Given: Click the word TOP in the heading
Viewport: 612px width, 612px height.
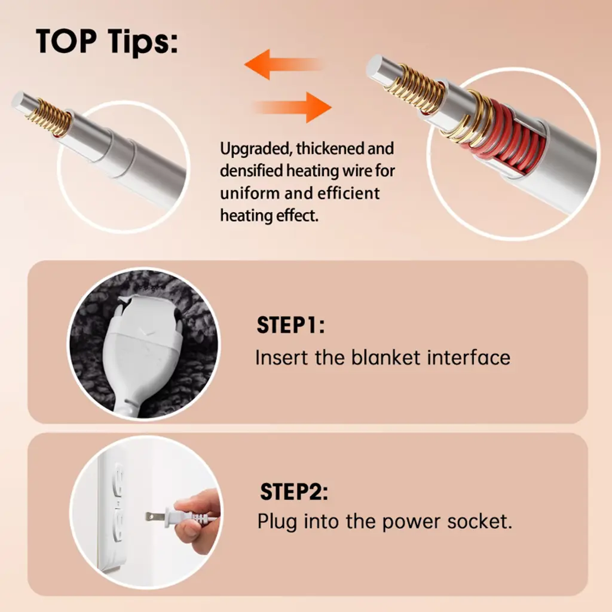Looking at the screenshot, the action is [66, 41].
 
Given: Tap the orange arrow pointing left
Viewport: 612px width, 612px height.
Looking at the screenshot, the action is [283, 65].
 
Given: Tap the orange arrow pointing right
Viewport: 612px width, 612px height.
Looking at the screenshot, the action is [293, 108].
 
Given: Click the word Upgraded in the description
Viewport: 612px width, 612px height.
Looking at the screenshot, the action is [255, 149].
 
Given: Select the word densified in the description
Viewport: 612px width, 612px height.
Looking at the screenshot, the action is [252, 170].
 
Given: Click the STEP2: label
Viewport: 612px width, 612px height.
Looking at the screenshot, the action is [294, 492].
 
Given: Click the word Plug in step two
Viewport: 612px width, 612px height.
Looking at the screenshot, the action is [277, 522].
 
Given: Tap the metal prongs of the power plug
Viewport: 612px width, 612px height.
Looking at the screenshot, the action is [155, 517].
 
